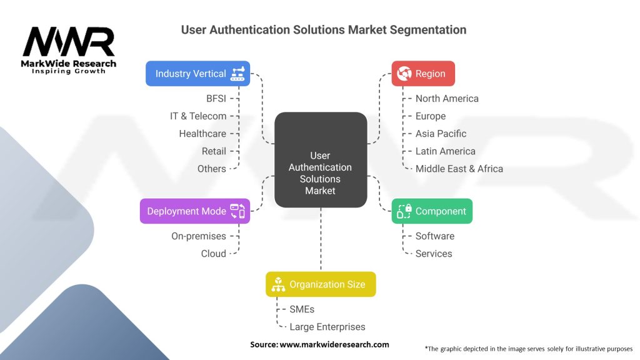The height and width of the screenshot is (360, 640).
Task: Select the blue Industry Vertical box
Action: point(197,74)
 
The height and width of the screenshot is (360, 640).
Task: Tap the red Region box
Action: point(422,74)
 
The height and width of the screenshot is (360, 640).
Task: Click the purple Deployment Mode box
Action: point(194,211)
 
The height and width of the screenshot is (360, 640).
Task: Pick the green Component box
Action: point(432,211)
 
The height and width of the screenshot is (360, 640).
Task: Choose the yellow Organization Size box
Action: point(320,284)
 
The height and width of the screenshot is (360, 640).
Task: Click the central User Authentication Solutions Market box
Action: point(321,160)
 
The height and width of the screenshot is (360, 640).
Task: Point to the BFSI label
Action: point(216,99)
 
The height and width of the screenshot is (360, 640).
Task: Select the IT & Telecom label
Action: point(198,116)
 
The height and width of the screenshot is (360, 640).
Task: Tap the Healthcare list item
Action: point(202,134)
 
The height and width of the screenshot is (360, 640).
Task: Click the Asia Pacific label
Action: point(441,134)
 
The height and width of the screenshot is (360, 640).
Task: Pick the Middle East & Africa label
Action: point(459,169)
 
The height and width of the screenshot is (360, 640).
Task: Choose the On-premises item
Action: point(199,236)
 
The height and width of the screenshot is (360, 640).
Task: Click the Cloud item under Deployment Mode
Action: point(213,254)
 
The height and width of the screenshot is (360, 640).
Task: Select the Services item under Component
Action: point(433,254)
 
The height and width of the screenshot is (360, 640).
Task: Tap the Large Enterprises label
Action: point(327,327)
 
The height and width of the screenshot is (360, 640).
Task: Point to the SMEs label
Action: point(302,309)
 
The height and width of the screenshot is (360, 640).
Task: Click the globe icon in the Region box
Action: point(403,74)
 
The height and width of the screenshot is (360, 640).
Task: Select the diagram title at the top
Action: point(323,29)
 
